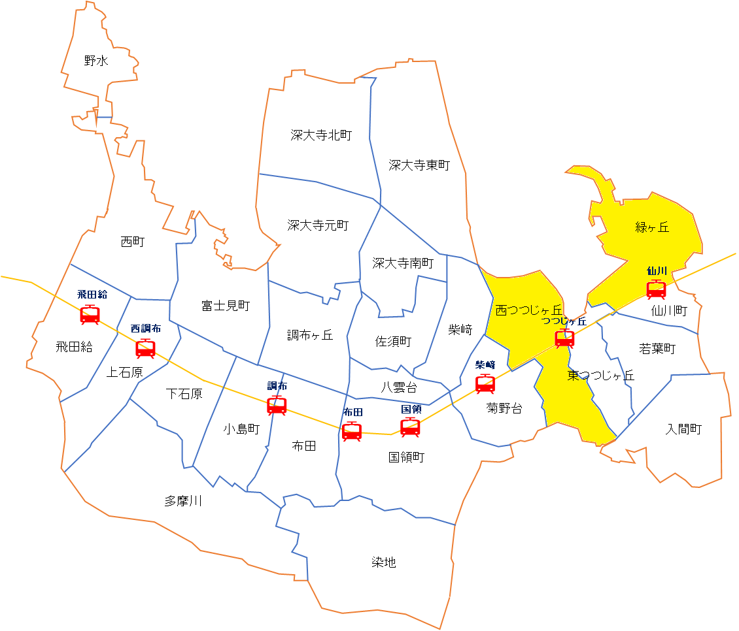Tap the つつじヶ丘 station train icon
click(564, 338)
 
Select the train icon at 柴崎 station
click(485, 383)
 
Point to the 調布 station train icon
click(277, 406)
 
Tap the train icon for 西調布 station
click(145, 348)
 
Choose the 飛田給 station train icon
click(90, 314)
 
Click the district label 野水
click(96, 61)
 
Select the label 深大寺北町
click(321, 135)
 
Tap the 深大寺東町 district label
click(419, 165)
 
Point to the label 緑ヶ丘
click(652, 227)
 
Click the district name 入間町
click(683, 429)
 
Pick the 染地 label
click(384, 562)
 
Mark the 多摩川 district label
click(183, 501)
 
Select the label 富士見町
click(226, 305)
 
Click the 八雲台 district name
click(399, 387)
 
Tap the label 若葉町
click(657, 349)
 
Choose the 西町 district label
click(133, 242)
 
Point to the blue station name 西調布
click(145, 329)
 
